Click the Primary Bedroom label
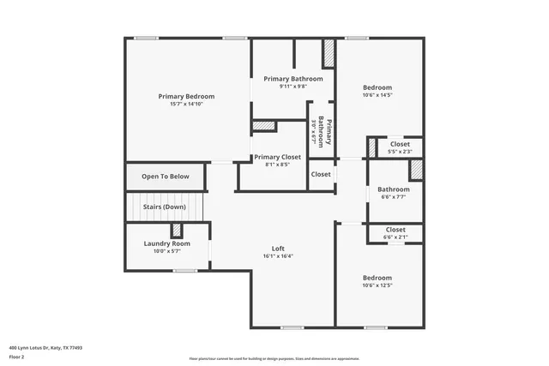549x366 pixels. pyautogui.click(x=186, y=96)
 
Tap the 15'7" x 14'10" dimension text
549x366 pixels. pyautogui.click(x=186, y=104)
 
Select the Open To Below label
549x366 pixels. pyautogui.click(x=166, y=177)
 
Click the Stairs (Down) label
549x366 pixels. pyautogui.click(x=164, y=207)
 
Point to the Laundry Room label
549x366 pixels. pyautogui.click(x=166, y=243)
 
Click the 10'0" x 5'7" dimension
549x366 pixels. pyautogui.click(x=166, y=251)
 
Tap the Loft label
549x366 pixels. pyautogui.click(x=278, y=249)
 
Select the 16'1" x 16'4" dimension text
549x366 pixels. pyautogui.click(x=278, y=256)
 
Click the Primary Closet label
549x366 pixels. pyautogui.click(x=277, y=157)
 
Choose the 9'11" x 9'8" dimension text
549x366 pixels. pyautogui.click(x=293, y=87)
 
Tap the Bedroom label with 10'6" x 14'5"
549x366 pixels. pyautogui.click(x=377, y=87)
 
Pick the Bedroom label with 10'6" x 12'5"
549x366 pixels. pyautogui.click(x=377, y=278)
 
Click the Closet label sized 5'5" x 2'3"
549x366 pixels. pyautogui.click(x=400, y=144)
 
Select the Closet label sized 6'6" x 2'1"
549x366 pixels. pyautogui.click(x=395, y=230)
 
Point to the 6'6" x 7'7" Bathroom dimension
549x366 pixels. pyautogui.click(x=394, y=196)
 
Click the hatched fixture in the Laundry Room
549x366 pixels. pyautogui.click(x=177, y=230)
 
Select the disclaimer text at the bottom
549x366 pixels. pyautogui.click(x=274, y=359)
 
